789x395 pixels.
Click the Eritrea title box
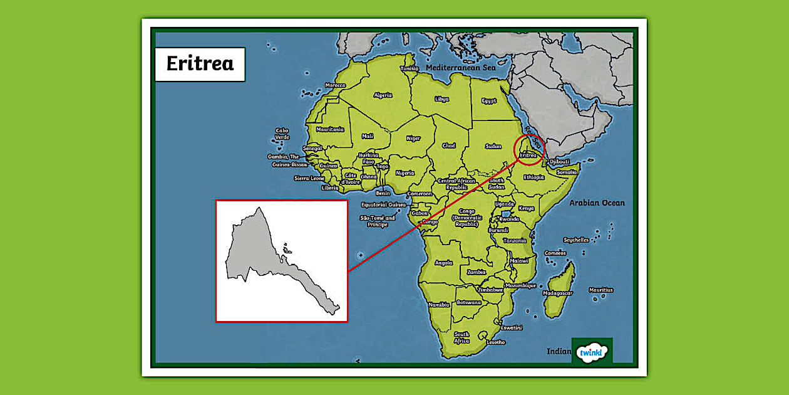tap(200, 63)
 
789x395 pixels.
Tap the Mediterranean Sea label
tap(460, 67)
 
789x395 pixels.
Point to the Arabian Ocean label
tap(597, 203)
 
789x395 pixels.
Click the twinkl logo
tap(592, 351)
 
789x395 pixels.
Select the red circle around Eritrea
tap(529, 149)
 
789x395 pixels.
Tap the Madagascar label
tap(557, 293)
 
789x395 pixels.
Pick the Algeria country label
tap(383, 95)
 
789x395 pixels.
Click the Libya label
tap(441, 99)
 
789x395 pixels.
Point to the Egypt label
tap(489, 100)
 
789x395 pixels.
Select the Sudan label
tap(493, 146)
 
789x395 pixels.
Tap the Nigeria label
tap(405, 173)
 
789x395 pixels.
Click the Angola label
tap(443, 263)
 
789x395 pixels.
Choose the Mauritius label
tap(601, 290)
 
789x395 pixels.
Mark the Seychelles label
tap(575, 240)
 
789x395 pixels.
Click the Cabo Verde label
tap(282, 134)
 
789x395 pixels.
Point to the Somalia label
tap(567, 172)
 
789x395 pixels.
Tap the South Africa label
tap(462, 337)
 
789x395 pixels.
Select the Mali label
tap(368, 136)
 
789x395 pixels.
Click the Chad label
tap(448, 145)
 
